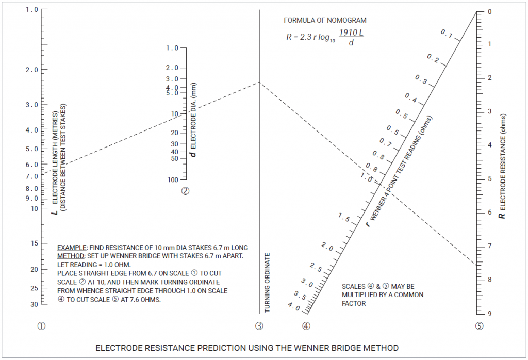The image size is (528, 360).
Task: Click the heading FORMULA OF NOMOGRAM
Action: [325, 21]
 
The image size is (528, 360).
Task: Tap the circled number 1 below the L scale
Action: [41, 326]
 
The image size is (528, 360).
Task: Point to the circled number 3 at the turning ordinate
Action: [259, 326]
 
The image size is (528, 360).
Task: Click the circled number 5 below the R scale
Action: [480, 326]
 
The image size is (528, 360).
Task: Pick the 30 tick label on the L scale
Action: [34, 304]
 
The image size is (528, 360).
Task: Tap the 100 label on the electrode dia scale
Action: [172, 179]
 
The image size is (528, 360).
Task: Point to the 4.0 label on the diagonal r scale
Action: [293, 307]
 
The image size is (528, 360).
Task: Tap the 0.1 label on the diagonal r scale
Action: [447, 35]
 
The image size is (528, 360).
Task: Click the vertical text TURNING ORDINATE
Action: [267, 283]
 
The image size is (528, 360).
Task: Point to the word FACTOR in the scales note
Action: [354, 303]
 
